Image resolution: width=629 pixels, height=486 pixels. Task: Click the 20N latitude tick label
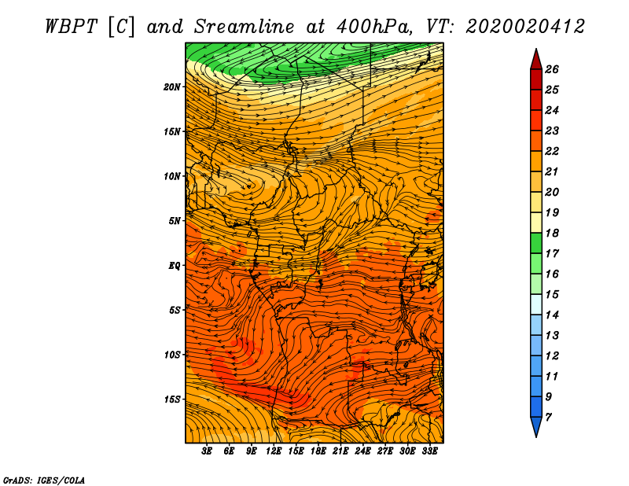point(172,87)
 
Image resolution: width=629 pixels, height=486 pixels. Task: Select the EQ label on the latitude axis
point(175,266)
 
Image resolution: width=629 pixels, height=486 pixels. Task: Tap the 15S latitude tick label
point(172,399)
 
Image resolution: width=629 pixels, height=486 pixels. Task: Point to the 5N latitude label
point(175,221)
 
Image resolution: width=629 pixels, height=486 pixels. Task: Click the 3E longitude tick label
point(207,451)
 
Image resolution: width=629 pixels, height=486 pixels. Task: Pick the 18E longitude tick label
point(318,451)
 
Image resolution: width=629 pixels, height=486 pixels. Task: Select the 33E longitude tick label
point(429,451)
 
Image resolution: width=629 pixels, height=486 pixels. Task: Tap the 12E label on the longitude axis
point(274,451)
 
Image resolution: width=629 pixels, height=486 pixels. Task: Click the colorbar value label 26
point(552,69)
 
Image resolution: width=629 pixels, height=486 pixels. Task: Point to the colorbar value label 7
point(548,418)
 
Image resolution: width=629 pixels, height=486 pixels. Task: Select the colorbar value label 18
point(552,233)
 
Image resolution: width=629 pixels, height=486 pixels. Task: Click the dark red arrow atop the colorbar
point(536,59)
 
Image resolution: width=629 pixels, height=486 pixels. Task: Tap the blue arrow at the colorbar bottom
point(536,427)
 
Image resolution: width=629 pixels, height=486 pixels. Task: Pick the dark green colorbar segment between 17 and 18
point(536,243)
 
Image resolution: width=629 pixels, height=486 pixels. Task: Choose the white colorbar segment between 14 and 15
point(536,304)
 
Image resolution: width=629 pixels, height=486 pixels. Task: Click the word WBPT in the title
point(72,27)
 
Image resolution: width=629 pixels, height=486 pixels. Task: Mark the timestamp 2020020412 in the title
point(525,27)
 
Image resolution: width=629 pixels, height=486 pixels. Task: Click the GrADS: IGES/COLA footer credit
point(44,480)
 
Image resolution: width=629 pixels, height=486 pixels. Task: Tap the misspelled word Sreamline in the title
point(245,27)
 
